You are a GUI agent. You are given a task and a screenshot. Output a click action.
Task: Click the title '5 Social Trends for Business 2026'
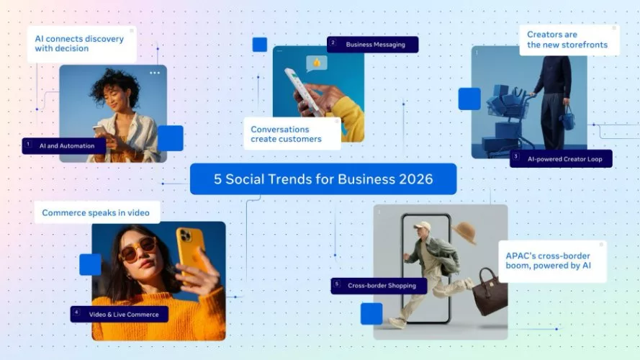pos(323,179)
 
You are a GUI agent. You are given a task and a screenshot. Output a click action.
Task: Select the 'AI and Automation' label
pos(68,145)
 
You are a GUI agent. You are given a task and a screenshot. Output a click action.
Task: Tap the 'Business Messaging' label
pos(375,44)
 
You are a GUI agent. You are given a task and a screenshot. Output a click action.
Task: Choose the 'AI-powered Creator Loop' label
pos(564,158)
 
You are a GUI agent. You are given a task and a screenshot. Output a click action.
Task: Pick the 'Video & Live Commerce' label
pos(121,314)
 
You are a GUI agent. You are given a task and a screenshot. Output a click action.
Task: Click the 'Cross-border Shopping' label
pos(381,286)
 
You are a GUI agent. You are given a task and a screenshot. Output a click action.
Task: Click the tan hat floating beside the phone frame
pos(464,233)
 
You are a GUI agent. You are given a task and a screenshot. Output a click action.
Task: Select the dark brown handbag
pos(490,291)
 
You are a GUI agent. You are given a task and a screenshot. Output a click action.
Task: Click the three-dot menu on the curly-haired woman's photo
pos(155,73)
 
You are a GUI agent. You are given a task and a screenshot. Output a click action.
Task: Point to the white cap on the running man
pos(421,226)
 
